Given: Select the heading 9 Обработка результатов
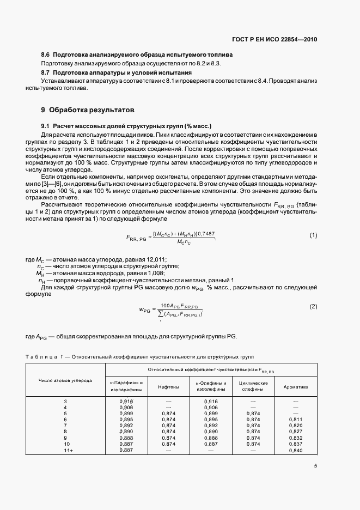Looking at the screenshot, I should point(87,109).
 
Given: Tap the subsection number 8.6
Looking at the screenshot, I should point(46,55).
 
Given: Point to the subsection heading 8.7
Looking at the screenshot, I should point(46,72).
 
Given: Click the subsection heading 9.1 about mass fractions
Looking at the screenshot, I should point(126,126).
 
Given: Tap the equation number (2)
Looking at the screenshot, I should point(313,307).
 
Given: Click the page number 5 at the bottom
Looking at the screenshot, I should point(315,465).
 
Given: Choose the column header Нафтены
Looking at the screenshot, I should point(169,387).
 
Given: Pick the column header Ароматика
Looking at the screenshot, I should point(296,387).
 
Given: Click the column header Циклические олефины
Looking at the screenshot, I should point(253,387).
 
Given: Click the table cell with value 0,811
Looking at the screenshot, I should point(296,420).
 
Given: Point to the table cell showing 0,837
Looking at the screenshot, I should point(296,444).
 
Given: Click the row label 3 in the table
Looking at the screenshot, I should point(65,402).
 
